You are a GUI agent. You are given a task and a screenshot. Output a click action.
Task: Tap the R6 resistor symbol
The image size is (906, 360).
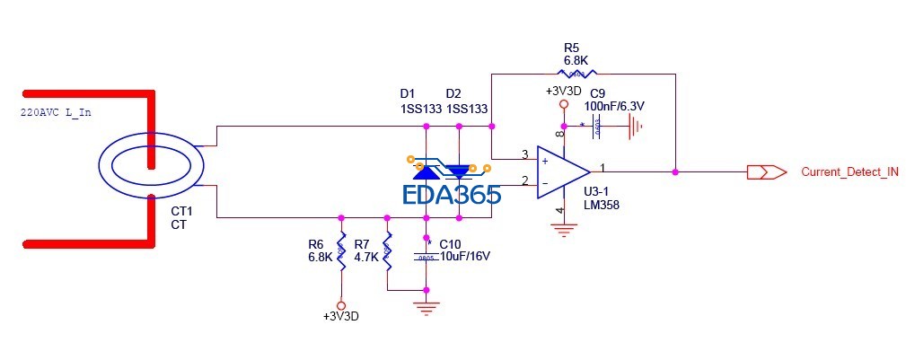pos(341,250)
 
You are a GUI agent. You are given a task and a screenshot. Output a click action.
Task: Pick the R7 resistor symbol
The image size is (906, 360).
pos(387,250)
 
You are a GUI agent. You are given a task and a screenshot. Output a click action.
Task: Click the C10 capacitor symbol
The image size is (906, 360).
pos(426,256)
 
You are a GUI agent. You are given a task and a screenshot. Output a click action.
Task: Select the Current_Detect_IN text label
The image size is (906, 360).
pos(849,171)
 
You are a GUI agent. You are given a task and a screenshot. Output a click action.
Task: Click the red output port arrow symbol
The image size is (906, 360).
pos(766,171)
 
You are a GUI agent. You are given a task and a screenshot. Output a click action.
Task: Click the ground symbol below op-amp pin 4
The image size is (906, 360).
pos(563,230)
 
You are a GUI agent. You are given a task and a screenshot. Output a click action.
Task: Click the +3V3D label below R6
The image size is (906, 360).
pos(340,317)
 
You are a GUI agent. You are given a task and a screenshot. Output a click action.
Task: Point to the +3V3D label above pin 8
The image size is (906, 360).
pos(563,91)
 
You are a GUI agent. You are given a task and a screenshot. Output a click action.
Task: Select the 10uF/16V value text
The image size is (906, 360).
pos(465,256)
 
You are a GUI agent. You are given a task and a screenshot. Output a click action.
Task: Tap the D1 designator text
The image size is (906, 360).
pos(407,92)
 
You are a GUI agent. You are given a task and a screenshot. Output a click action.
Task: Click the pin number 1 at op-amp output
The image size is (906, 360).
pos(603,166)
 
